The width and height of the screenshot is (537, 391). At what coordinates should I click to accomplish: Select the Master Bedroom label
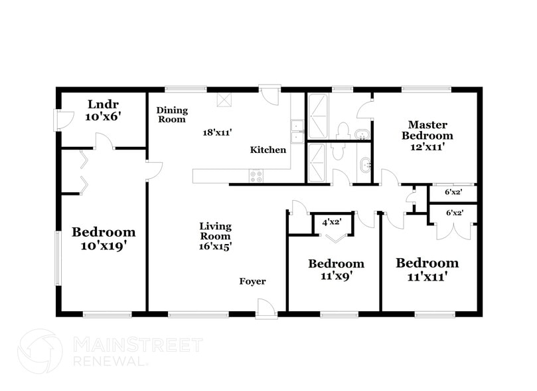click(x=427, y=130)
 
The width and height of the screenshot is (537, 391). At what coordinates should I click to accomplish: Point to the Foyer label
click(x=252, y=281)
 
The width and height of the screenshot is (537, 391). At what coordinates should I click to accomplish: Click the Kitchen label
click(x=268, y=150)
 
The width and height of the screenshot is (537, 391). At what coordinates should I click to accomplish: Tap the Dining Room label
click(x=172, y=114)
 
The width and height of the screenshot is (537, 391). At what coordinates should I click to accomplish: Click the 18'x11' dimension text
click(x=216, y=132)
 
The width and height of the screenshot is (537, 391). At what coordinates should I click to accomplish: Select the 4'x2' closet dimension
click(x=333, y=222)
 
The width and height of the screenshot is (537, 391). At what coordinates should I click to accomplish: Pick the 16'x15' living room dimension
click(x=215, y=245)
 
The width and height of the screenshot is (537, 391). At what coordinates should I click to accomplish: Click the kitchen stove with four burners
click(x=256, y=176)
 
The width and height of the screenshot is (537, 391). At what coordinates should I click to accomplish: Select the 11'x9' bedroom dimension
click(x=337, y=276)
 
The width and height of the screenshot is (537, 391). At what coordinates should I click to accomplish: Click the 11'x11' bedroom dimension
click(x=427, y=275)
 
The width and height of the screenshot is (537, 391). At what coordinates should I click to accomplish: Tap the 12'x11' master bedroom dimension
click(x=427, y=147)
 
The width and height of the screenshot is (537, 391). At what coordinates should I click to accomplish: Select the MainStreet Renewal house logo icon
click(x=40, y=351)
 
